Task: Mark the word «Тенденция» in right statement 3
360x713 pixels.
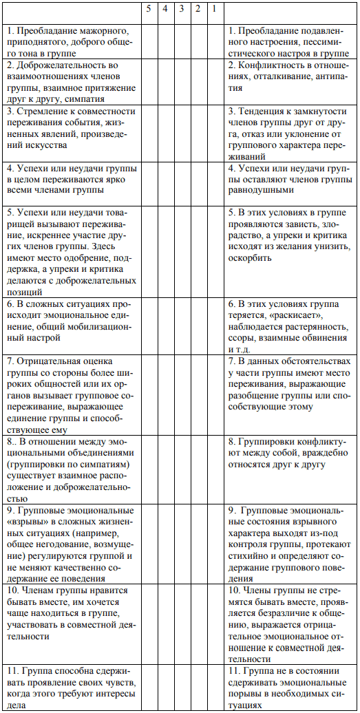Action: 262,110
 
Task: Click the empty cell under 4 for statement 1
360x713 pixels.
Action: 165,42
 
